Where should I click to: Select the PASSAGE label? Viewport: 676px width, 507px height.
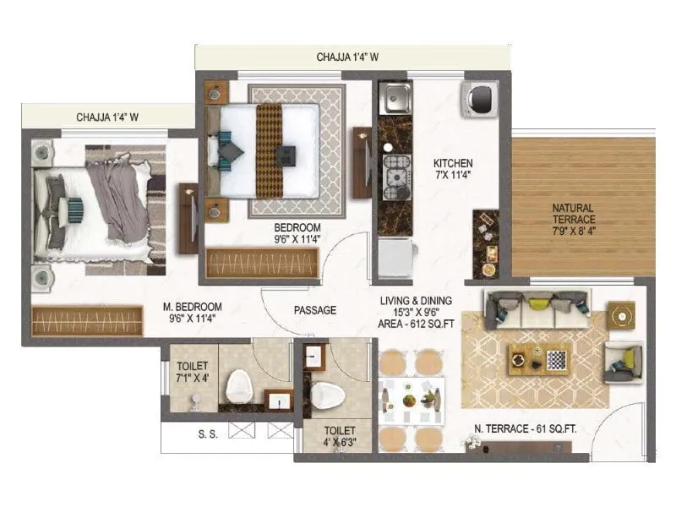[315, 310]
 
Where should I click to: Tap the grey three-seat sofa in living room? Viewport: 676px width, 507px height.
[537, 309]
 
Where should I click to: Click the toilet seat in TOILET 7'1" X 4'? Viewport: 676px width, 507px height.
[239, 388]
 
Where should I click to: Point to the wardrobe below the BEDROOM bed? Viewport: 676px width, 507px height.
[262, 262]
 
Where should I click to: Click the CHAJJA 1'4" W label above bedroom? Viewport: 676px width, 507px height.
[347, 57]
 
